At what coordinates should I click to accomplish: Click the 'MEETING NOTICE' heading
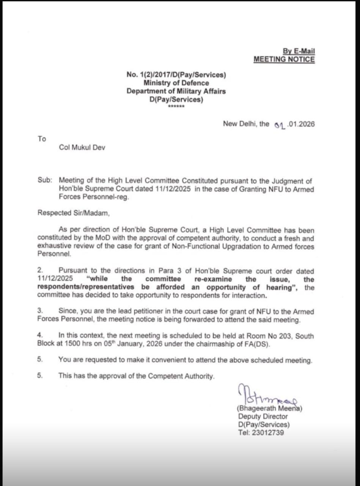point(284,59)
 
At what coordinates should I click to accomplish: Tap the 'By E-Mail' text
point(299,51)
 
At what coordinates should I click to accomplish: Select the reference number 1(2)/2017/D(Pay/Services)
point(176,75)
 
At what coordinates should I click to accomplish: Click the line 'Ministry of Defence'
point(176,83)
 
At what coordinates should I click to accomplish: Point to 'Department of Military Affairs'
point(176,91)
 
